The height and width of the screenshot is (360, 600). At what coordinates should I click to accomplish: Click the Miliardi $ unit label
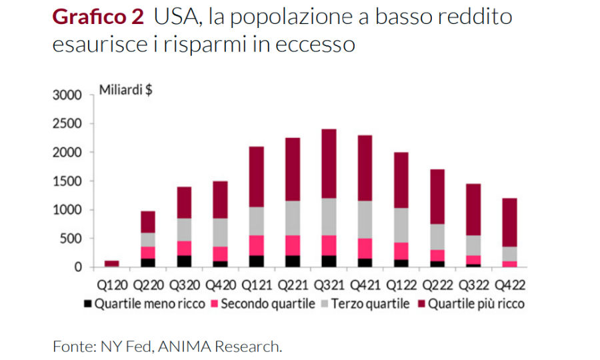click(x=125, y=91)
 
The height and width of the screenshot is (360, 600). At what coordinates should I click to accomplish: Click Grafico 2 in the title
click(x=97, y=17)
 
